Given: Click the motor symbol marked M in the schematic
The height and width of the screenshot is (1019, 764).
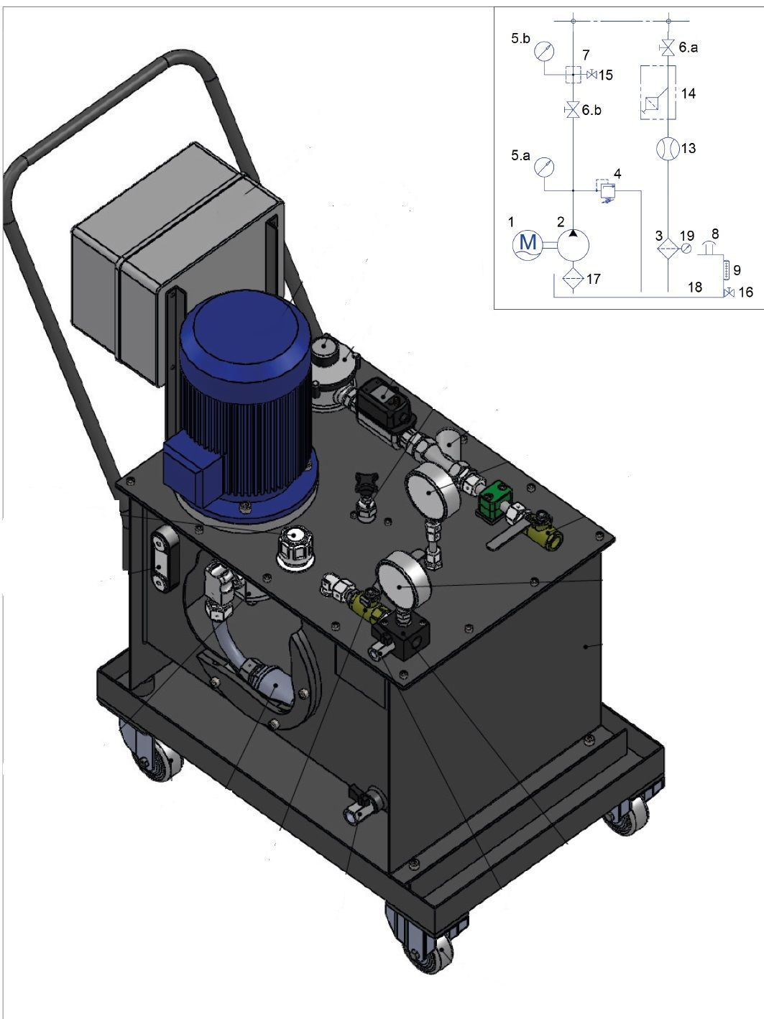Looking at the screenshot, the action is (528, 244).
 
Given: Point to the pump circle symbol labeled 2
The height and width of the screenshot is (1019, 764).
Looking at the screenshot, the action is (573, 244).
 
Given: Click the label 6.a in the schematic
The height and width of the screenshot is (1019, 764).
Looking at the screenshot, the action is (688, 47).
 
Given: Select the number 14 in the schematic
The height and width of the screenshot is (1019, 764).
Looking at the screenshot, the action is (689, 93).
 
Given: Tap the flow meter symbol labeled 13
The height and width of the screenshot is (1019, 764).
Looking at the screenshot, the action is (668, 149).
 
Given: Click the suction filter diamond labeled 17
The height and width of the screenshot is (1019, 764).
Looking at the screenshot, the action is (573, 279).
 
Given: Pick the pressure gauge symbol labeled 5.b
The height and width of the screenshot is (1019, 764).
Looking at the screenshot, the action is (544, 51).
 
